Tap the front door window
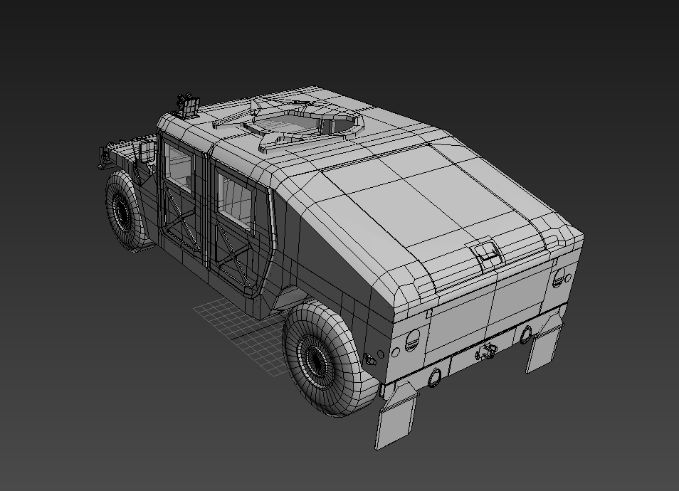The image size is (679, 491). [x=178, y=168]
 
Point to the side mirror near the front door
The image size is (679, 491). [x=148, y=151]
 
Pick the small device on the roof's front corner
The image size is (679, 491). [x=188, y=105]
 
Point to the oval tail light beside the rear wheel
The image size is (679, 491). [x=412, y=341]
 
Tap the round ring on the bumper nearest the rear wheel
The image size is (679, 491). [x=435, y=376]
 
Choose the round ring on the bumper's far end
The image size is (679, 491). [x=525, y=333]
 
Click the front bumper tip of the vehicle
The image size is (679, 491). [x=102, y=157]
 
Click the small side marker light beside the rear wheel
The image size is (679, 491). [x=370, y=359]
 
